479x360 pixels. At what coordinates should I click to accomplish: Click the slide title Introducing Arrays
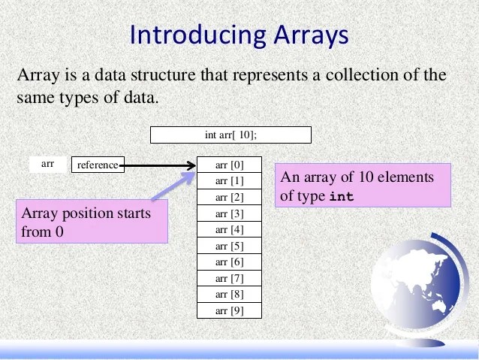coord(239,35)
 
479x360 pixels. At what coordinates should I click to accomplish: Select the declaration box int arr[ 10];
coord(230,135)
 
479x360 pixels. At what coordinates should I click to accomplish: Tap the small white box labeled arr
coord(47,163)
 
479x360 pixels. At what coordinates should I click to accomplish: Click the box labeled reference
coord(98,165)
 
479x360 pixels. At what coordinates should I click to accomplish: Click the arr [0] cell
coord(230,165)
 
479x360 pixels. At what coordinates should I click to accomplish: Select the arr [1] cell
coord(230,181)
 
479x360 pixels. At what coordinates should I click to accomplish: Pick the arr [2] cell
coord(230,198)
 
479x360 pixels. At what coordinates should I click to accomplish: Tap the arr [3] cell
coord(230,213)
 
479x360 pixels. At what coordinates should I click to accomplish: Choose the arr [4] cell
coord(230,230)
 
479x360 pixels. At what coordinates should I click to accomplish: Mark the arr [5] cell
coord(230,246)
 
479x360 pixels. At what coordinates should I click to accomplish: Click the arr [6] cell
coord(230,262)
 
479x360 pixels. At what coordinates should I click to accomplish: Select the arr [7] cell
coord(230,279)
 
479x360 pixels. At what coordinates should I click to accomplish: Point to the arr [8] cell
coord(230,295)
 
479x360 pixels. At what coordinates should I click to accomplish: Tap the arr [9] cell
coord(230,311)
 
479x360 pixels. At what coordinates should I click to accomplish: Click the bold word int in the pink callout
coord(342,197)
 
